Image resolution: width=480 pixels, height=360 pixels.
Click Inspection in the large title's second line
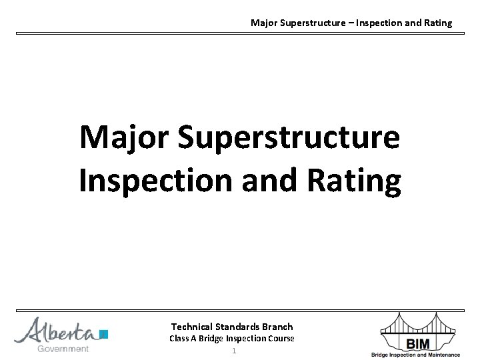pyautogui.click(x=155, y=182)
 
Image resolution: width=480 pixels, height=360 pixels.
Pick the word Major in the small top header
pyautogui.click(x=263, y=23)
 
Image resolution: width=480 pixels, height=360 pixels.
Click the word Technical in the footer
pyautogui.click(x=192, y=327)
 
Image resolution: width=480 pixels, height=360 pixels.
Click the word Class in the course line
pyautogui.click(x=179, y=339)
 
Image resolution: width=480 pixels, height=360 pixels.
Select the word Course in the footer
pyautogui.click(x=281, y=339)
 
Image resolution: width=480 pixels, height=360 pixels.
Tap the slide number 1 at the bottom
pyautogui.click(x=233, y=351)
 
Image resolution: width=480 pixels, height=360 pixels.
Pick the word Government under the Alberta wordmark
pyautogui.click(x=63, y=349)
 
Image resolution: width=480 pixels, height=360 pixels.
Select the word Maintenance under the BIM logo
pyautogui.click(x=442, y=355)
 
